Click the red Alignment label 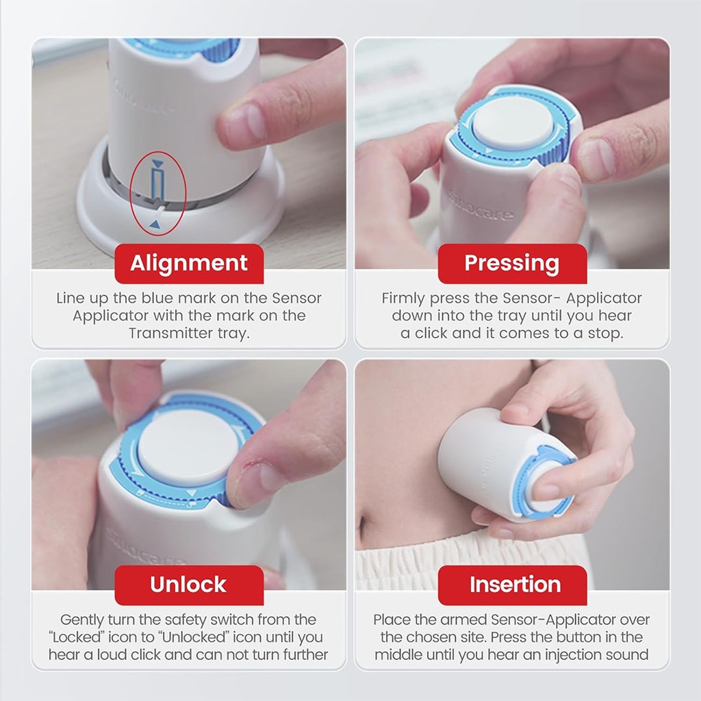(189, 264)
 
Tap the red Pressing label (512, 264)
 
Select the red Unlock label (189, 585)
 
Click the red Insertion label (515, 585)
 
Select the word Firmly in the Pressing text (403, 298)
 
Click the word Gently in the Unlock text (83, 620)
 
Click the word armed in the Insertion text (467, 620)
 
